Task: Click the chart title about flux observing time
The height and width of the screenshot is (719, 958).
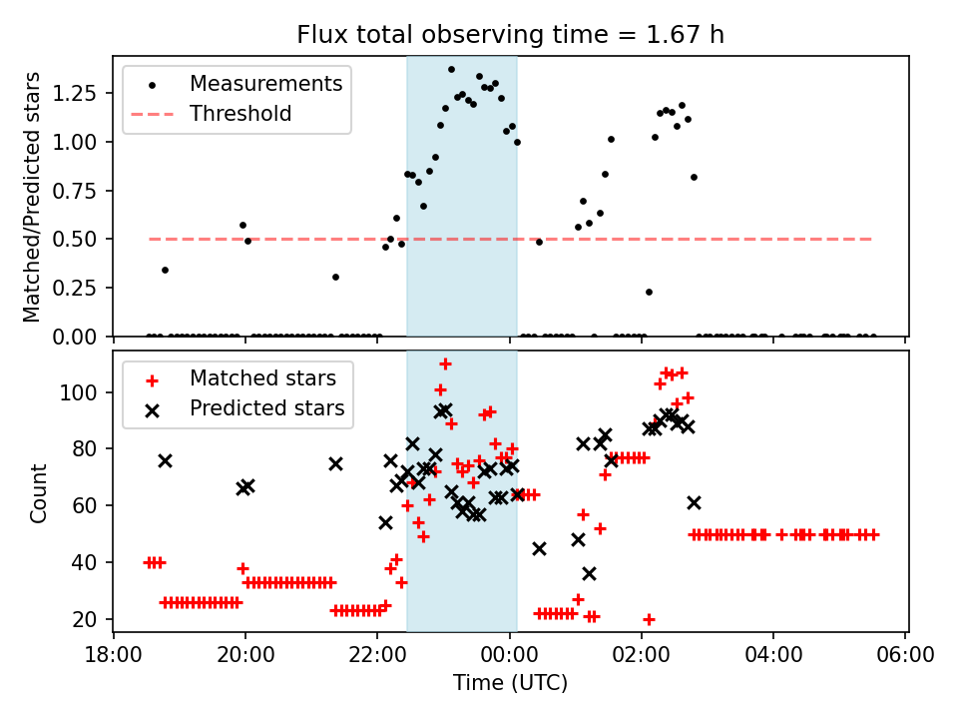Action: point(510,35)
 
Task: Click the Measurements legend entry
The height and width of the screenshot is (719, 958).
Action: point(265,83)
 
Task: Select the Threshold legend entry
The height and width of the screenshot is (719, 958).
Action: point(240,114)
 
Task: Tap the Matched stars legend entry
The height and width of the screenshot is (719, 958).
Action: point(262,378)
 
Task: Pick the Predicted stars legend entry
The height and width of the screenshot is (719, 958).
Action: point(266,408)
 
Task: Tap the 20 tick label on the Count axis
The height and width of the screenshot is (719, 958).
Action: point(88,620)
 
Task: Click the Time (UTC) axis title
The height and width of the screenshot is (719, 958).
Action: point(510,684)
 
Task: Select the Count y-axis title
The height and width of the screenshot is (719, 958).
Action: point(39,493)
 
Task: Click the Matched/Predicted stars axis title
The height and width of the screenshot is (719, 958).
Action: point(32,197)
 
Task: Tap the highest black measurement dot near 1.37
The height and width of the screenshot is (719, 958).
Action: point(451,70)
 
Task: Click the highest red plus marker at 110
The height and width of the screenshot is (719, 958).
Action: point(445,363)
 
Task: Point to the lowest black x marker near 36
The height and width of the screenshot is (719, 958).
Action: point(589,573)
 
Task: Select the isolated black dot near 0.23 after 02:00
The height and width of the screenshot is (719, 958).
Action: point(649,292)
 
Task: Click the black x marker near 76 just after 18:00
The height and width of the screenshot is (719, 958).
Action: point(165,460)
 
